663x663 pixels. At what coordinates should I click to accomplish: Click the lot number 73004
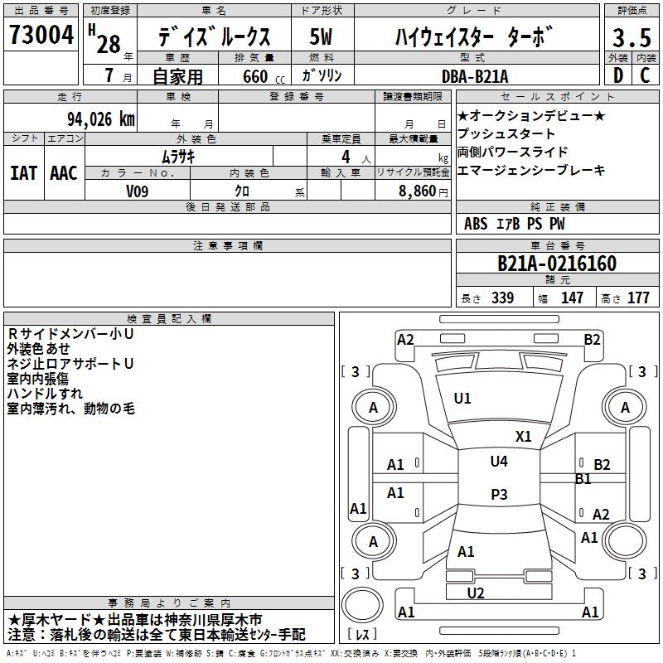[x=41, y=34]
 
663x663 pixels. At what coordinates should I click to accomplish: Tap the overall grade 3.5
[x=632, y=37]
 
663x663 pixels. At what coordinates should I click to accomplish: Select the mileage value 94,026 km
[x=101, y=119]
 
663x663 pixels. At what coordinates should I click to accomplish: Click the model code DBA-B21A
[x=475, y=76]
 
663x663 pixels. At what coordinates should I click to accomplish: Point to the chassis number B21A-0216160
[x=557, y=264]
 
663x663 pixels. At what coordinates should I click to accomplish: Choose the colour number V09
[x=138, y=191]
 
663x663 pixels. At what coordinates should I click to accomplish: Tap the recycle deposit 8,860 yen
[x=423, y=191]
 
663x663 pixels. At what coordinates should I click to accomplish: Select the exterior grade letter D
[x=618, y=75]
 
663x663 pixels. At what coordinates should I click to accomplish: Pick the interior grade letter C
[x=645, y=75]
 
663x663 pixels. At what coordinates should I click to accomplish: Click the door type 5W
[x=321, y=36]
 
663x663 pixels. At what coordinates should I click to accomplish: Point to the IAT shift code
[x=24, y=173]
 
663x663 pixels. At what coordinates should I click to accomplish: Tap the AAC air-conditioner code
[x=64, y=173]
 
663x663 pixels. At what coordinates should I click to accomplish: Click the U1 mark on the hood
[x=462, y=399]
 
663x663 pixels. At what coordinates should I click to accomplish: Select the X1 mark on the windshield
[x=524, y=437]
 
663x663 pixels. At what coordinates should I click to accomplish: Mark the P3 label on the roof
[x=499, y=494]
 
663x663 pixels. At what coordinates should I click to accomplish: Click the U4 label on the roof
[x=499, y=462]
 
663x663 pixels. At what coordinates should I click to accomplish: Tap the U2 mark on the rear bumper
[x=476, y=593]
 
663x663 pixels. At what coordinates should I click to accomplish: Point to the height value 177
[x=638, y=298]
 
